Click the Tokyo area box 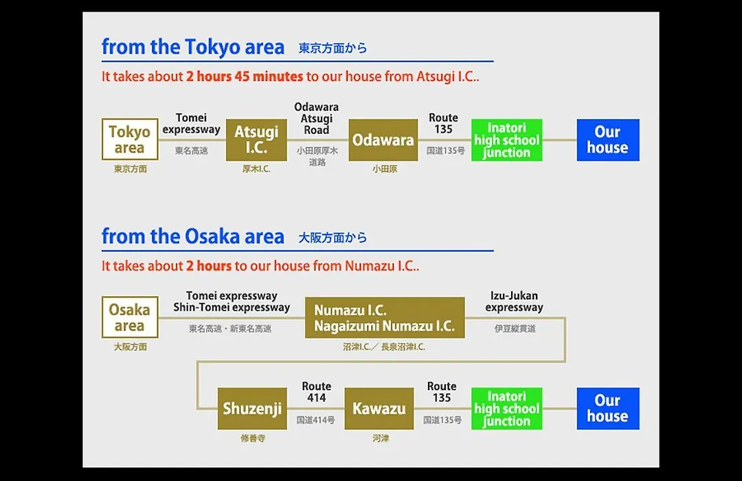point(130,139)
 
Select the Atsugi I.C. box point(256,139)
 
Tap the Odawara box point(383,139)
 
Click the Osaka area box point(130,317)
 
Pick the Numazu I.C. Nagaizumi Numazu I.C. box point(385,317)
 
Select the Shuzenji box point(252,409)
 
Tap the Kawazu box point(379,409)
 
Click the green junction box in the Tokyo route point(507,139)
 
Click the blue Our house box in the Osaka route point(608,409)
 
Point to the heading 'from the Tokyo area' point(193,47)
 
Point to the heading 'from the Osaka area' point(193,236)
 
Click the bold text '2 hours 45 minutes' point(245,76)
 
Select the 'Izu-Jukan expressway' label point(514,302)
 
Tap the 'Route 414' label point(317,392)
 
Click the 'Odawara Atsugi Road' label point(317,118)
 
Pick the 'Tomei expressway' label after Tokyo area point(191,124)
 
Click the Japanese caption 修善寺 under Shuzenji point(253,438)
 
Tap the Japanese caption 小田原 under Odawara point(385,169)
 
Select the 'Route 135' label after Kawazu point(442,392)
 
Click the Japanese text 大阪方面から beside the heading point(333,237)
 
